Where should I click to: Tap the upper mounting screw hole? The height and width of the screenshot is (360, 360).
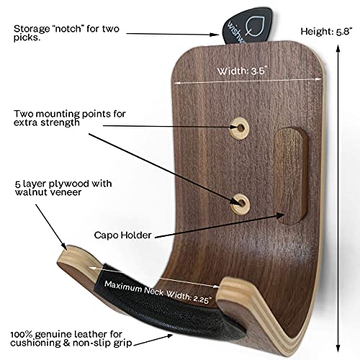(x=240, y=128)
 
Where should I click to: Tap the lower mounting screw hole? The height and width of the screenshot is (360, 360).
(x=240, y=204)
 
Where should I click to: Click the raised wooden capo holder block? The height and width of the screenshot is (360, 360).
(x=291, y=176)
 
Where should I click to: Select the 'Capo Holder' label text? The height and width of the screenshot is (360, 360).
(x=122, y=235)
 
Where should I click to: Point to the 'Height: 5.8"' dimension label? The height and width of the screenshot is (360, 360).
(x=326, y=32)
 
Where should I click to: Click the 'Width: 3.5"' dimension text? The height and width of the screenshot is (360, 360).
(x=242, y=71)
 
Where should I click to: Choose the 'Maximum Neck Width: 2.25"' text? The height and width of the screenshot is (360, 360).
(x=158, y=292)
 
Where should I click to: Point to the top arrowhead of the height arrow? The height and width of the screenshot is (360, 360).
(x=338, y=48)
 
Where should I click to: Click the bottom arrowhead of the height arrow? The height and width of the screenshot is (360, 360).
(x=338, y=348)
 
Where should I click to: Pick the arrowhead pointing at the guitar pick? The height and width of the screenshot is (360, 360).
(x=215, y=35)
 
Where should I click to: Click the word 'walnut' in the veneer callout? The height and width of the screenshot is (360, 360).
(x=29, y=192)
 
